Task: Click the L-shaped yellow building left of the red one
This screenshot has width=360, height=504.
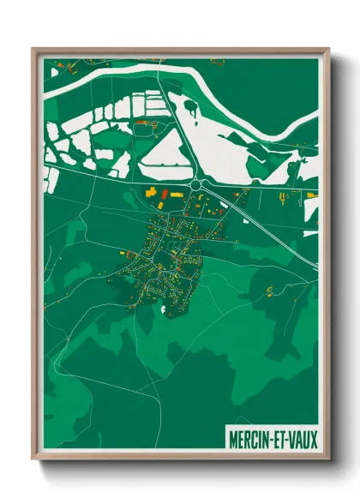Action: (151, 192)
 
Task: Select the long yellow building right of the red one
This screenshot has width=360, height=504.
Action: (175, 195)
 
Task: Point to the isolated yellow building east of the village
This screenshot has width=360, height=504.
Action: (269, 291)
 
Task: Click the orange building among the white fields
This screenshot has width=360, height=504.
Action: (141, 123)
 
